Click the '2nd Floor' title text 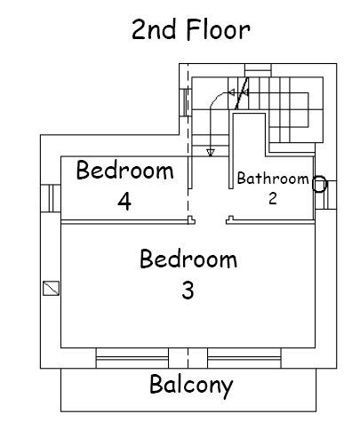(x=191, y=29)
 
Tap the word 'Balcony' (x=191, y=385)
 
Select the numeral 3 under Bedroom (x=188, y=291)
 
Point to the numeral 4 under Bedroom (x=124, y=202)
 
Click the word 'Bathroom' (x=273, y=179)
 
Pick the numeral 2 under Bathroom (x=273, y=198)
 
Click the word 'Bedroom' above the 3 (x=188, y=259)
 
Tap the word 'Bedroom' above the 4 (x=125, y=170)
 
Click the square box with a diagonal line (x=51, y=288)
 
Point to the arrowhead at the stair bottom (x=211, y=153)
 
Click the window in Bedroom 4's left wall (x=51, y=198)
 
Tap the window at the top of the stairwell (x=258, y=70)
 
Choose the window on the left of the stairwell (x=186, y=102)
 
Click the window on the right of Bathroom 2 (x=326, y=195)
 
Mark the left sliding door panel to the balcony (x=132, y=358)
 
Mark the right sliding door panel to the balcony (x=244, y=358)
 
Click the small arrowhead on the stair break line (x=232, y=93)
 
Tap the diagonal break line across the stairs (x=242, y=93)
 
